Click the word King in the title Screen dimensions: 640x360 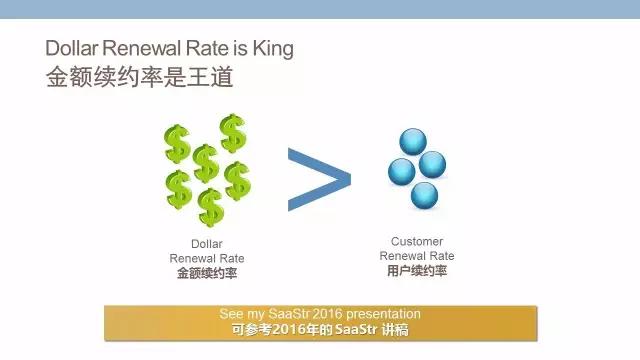pyautogui.click(x=273, y=49)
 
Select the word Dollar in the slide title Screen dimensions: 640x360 pyautogui.click(x=71, y=48)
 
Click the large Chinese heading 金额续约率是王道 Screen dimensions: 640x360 pyautogui.click(x=139, y=77)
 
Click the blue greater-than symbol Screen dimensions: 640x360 pyautogui.click(x=319, y=180)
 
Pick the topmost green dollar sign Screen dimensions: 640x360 pyautogui.click(x=233, y=133)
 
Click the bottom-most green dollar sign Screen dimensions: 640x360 pyautogui.click(x=211, y=207)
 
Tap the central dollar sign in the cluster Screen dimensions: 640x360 pyautogui.click(x=206, y=163)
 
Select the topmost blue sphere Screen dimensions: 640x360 pyautogui.click(x=413, y=142)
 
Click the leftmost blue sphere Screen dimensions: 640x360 pyautogui.click(x=402, y=172)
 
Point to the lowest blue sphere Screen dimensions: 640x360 pyautogui.click(x=424, y=196)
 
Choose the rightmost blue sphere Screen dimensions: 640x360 pyautogui.click(x=433, y=164)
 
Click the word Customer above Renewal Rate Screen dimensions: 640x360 pyautogui.click(x=417, y=241)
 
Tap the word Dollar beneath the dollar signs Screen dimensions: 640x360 pyautogui.click(x=207, y=244)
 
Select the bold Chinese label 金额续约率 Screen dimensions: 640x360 pyautogui.click(x=207, y=273)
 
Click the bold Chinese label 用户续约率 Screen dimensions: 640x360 pyautogui.click(x=417, y=271)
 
